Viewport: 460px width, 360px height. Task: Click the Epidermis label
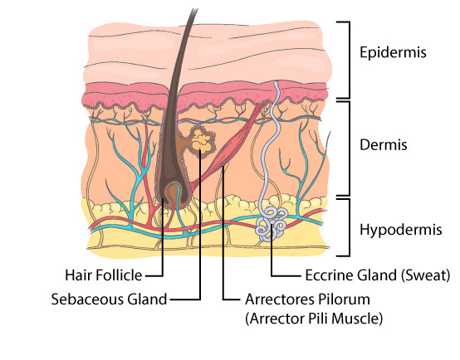pyautogui.click(x=393, y=53)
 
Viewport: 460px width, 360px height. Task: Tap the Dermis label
pyautogui.click(x=384, y=145)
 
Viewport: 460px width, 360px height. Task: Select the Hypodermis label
pyautogui.click(x=401, y=230)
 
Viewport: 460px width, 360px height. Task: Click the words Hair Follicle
pyautogui.click(x=103, y=275)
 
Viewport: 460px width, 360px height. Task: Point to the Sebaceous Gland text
pyautogui.click(x=109, y=299)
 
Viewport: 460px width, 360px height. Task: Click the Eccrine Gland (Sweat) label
pyautogui.click(x=378, y=275)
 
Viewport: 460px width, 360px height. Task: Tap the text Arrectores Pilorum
pyautogui.click(x=307, y=299)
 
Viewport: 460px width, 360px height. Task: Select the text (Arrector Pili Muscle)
pyautogui.click(x=314, y=319)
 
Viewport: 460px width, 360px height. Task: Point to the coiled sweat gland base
pyautogui.click(x=271, y=224)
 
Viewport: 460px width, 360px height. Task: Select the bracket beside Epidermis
pyautogui.click(x=349, y=60)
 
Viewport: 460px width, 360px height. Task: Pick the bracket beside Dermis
pyautogui.click(x=349, y=148)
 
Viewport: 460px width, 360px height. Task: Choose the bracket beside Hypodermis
pyautogui.click(x=349, y=227)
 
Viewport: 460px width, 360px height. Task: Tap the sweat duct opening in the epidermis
pyautogui.click(x=276, y=84)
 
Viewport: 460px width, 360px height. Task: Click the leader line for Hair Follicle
pyautogui.click(x=163, y=237)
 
